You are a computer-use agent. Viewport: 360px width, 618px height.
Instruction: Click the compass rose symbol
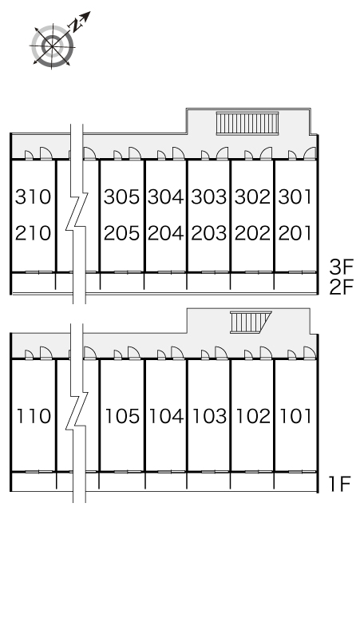tap(52, 46)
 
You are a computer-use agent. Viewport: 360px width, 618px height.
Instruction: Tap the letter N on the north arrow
tap(75, 25)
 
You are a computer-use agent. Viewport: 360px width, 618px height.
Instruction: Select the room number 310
tap(33, 196)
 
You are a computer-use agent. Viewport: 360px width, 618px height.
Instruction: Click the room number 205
tap(121, 233)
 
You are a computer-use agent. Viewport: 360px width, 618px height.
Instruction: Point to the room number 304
tap(166, 196)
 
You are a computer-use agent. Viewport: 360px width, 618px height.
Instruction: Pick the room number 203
tap(209, 233)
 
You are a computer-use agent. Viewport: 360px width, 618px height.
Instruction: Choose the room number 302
tap(253, 196)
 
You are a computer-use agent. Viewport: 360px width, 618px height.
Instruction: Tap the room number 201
tap(295, 233)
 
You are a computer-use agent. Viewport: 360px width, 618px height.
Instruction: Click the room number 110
tap(34, 416)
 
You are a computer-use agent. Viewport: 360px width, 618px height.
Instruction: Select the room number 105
tap(122, 416)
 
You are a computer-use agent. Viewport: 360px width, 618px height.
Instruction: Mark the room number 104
tap(167, 416)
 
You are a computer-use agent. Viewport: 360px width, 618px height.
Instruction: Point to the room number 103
tap(210, 416)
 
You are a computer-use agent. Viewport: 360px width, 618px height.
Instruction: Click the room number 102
tap(254, 416)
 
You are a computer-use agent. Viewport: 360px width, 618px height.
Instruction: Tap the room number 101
tap(296, 416)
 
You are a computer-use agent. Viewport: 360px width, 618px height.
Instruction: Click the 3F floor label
tap(342, 267)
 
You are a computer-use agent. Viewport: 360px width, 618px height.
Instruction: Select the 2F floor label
tap(342, 287)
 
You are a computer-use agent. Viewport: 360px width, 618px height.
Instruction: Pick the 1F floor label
tap(340, 484)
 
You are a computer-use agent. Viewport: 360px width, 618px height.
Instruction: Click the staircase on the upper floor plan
tap(247, 124)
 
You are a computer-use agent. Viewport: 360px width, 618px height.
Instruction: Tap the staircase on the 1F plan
tap(251, 322)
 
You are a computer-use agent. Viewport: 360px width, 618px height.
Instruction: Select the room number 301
tap(295, 196)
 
